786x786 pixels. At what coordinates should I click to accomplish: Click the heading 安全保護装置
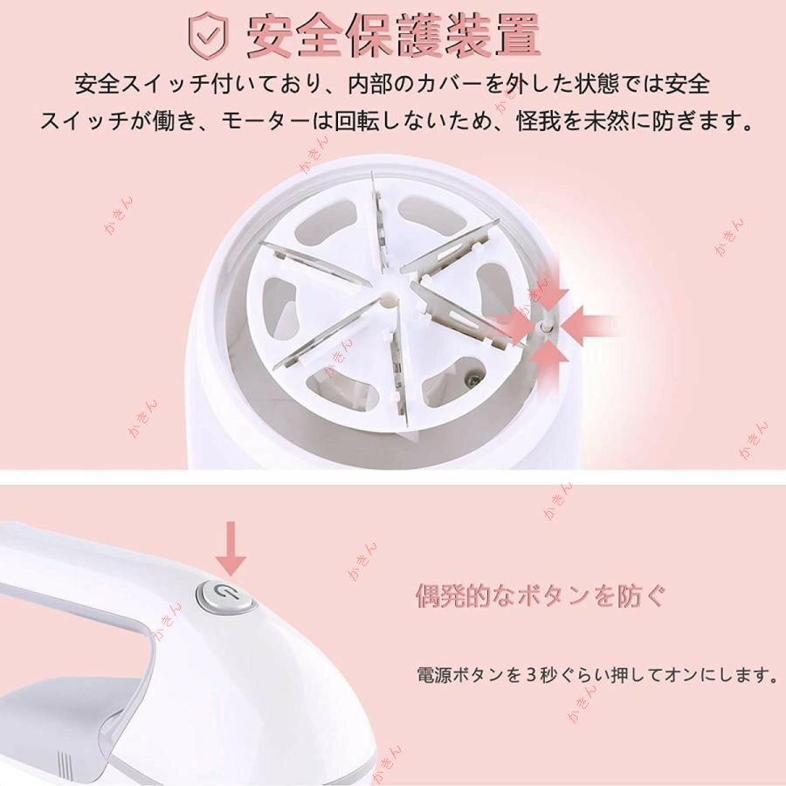394,35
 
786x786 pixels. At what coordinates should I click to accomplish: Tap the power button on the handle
224,596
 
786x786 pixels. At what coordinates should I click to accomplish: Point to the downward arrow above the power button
231,548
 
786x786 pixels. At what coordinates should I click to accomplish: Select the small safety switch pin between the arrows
544,327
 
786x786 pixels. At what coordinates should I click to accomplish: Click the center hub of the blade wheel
388,300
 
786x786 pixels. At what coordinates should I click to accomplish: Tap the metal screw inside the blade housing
473,380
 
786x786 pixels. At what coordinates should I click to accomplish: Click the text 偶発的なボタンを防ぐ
541,596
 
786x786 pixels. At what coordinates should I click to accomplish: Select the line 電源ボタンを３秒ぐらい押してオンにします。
597,675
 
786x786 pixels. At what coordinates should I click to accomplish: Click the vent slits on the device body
63,765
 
